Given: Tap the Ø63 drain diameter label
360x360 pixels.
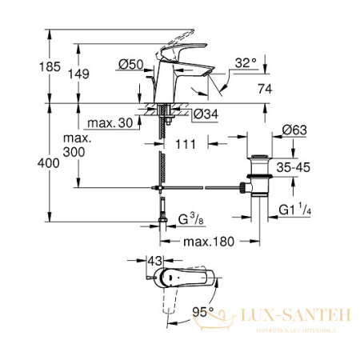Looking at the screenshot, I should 295,129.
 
